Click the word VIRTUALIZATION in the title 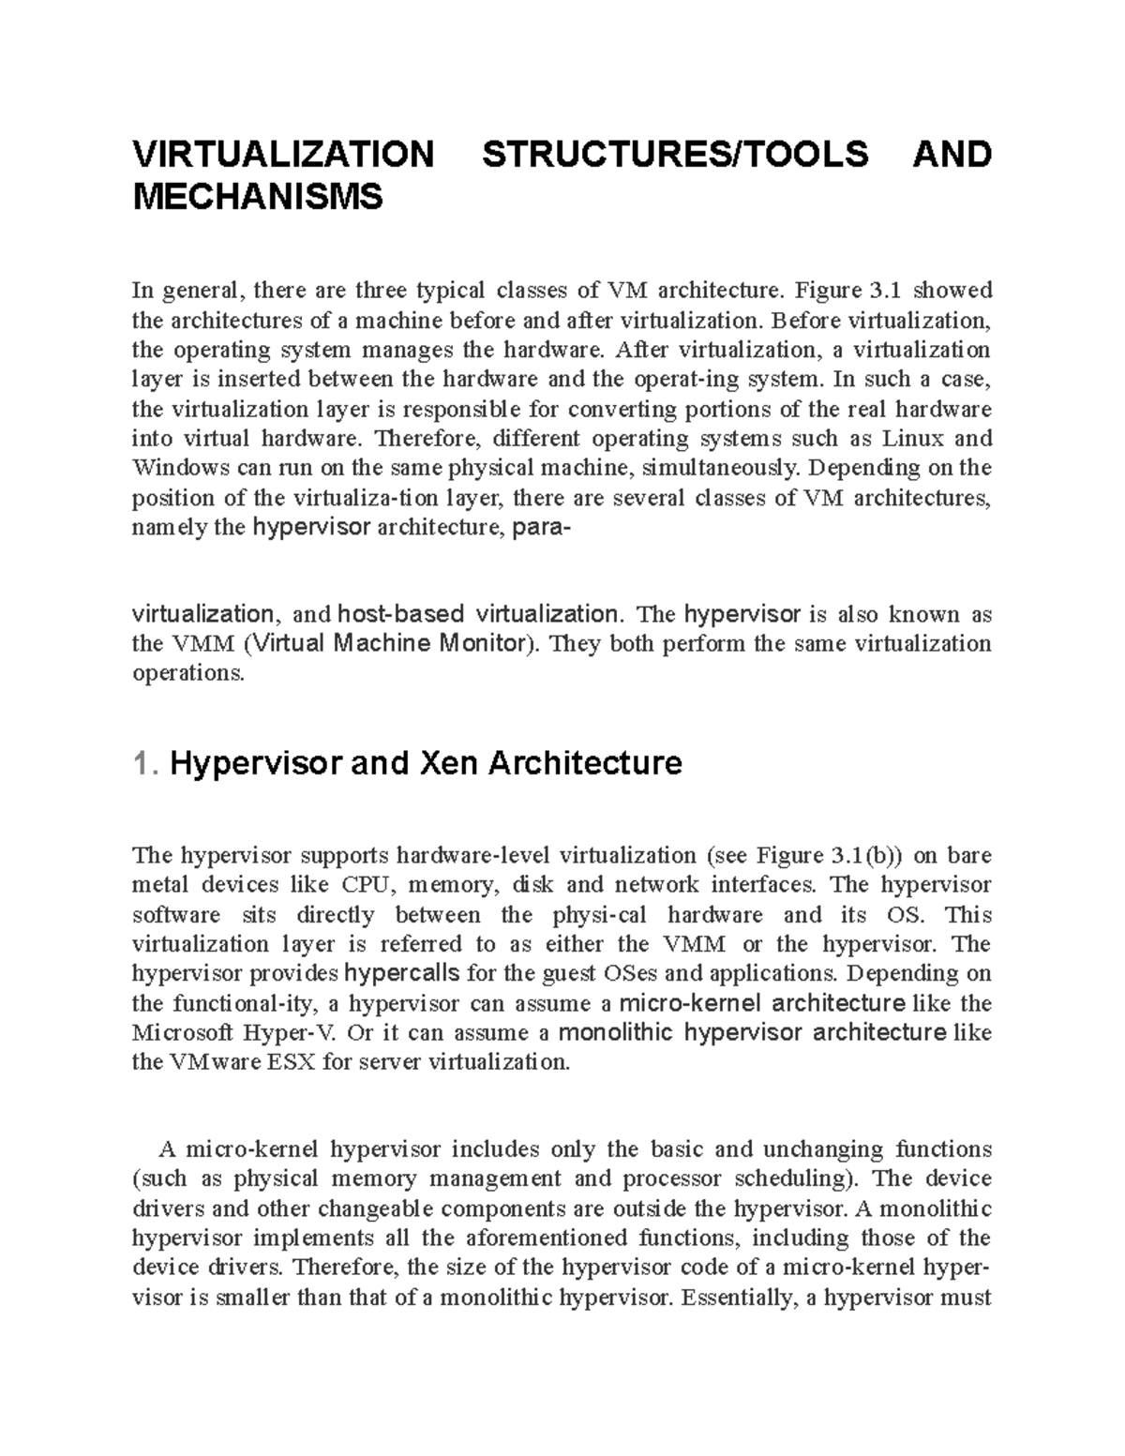[284, 154]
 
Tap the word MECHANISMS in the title [259, 198]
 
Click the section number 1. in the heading [145, 764]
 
